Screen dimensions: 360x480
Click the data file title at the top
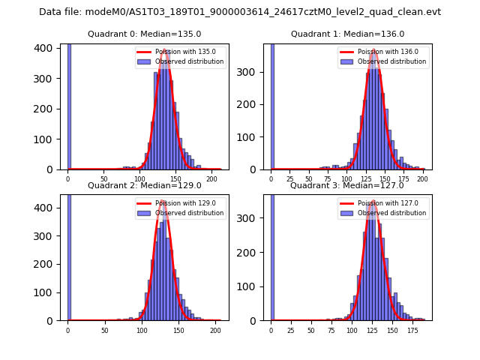[240, 12]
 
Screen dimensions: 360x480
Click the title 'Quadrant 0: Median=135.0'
[144, 34]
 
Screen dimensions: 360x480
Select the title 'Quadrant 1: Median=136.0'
[347, 34]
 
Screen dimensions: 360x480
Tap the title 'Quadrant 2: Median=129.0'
[144, 185]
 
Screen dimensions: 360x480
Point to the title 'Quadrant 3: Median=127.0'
[347, 185]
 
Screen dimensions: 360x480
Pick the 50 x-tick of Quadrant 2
[104, 330]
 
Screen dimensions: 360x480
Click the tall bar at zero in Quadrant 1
[271, 106]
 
